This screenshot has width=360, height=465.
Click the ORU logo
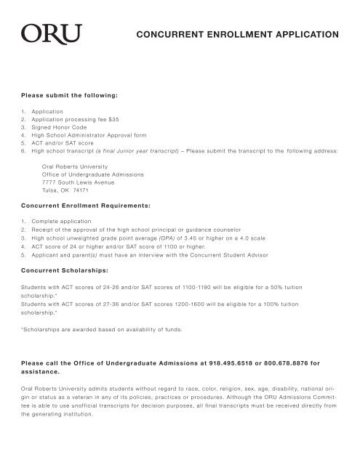point(43,34)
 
